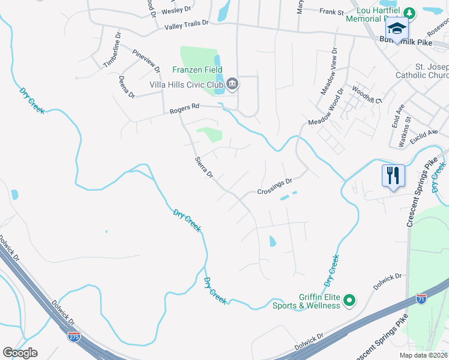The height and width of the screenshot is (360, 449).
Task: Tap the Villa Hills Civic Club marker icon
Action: click(232, 85)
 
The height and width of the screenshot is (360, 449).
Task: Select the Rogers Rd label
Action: click(184, 108)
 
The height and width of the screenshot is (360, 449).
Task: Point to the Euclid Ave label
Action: click(424, 134)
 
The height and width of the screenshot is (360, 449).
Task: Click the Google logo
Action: click(20, 353)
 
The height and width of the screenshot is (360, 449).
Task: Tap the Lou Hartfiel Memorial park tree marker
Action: click(409, 12)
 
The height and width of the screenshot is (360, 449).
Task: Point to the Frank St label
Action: click(331, 11)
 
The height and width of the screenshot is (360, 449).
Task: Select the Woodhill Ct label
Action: click(367, 95)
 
